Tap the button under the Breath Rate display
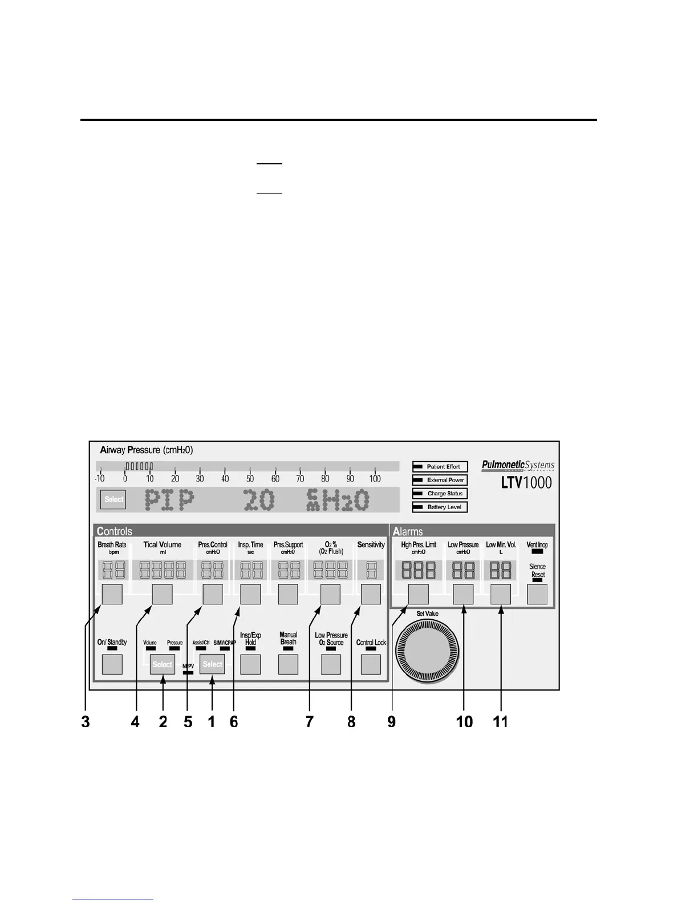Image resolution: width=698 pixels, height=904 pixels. tap(112, 594)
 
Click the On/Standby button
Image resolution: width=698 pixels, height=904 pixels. tap(112, 664)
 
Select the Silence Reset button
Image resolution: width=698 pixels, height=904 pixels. tap(537, 594)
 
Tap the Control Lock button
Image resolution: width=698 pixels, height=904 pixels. tap(371, 664)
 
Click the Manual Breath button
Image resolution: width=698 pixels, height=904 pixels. tap(288, 664)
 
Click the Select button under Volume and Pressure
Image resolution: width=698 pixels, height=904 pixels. tap(163, 664)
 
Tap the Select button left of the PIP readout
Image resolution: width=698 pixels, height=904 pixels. tap(113, 499)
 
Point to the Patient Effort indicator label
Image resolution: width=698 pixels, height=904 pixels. tap(443, 467)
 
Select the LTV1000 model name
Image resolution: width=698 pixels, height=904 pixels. tap(526, 483)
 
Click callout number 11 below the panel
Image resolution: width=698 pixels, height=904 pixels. tap(500, 722)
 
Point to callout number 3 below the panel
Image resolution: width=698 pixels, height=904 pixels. tap(86, 722)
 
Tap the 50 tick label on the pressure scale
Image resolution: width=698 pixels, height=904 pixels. tap(250, 479)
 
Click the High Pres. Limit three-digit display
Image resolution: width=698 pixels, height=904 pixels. tap(419, 570)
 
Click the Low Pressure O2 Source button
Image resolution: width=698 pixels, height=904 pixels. tap(331, 664)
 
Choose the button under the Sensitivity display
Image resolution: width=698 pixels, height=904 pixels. tap(371, 594)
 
